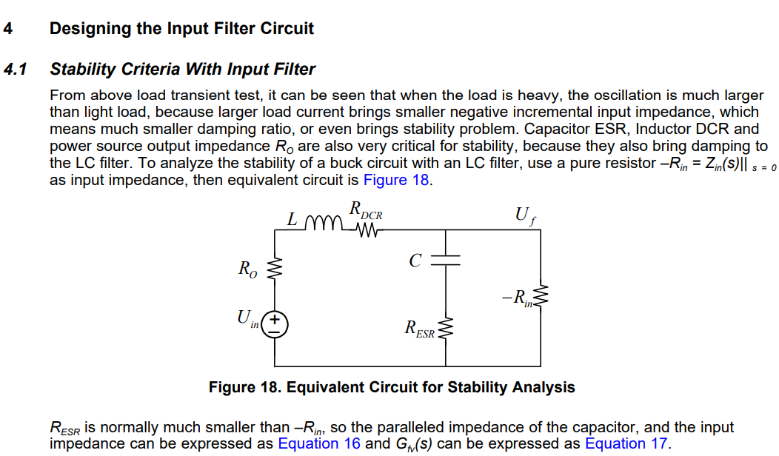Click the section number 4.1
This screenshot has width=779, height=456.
click(15, 70)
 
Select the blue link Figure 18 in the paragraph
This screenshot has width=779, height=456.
click(395, 180)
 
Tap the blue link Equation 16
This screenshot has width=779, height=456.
click(318, 443)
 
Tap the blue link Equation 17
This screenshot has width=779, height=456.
click(626, 443)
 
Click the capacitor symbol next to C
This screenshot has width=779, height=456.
click(445, 260)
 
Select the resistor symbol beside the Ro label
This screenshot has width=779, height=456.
click(276, 271)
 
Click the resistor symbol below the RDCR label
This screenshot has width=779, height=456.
click(367, 230)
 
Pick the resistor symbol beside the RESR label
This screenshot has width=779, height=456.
click(445, 328)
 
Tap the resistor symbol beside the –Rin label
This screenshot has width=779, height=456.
click(542, 297)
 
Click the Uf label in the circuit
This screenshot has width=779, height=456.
click(524, 216)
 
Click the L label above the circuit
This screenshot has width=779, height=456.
click(293, 220)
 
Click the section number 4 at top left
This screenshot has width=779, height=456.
click(7, 29)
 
